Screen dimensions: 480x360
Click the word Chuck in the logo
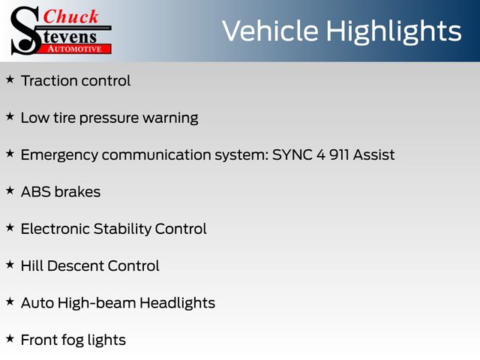click(70, 16)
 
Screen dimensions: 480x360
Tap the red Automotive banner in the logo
click(73, 49)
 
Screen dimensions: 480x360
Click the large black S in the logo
click(25, 31)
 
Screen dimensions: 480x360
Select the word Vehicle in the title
click(270, 31)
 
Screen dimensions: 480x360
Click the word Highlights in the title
click(394, 31)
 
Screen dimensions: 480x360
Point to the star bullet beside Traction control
click(10, 79)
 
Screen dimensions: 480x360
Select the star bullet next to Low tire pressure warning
click(10, 117)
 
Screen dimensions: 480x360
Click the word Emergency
click(59, 155)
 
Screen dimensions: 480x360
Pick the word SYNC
click(292, 154)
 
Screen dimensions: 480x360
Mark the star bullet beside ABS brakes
click(10, 190)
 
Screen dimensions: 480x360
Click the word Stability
click(122, 229)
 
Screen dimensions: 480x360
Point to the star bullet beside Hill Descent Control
click(10, 265)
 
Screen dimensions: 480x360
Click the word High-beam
click(97, 303)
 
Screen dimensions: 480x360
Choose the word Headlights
click(177, 303)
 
